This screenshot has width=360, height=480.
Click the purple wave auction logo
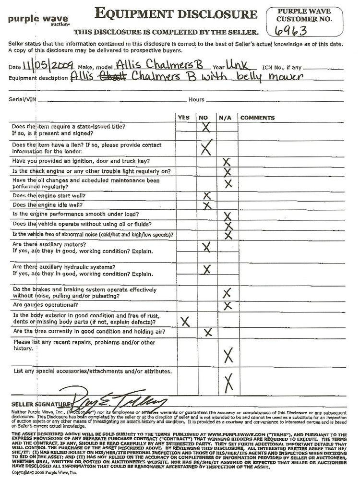pos(32,19)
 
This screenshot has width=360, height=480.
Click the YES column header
pos(183,118)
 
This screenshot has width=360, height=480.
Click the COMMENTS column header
pos(257,118)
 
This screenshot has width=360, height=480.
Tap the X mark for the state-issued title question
pos(206,128)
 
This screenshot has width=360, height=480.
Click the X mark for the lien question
pos(206,147)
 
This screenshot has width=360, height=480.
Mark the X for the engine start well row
pos(207,196)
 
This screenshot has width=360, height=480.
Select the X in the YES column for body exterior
pos(184,321)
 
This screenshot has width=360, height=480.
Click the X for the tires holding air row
pos(208,332)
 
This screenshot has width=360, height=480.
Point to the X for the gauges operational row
pos(228,305)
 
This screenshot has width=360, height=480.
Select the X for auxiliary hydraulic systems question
pos(207,269)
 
